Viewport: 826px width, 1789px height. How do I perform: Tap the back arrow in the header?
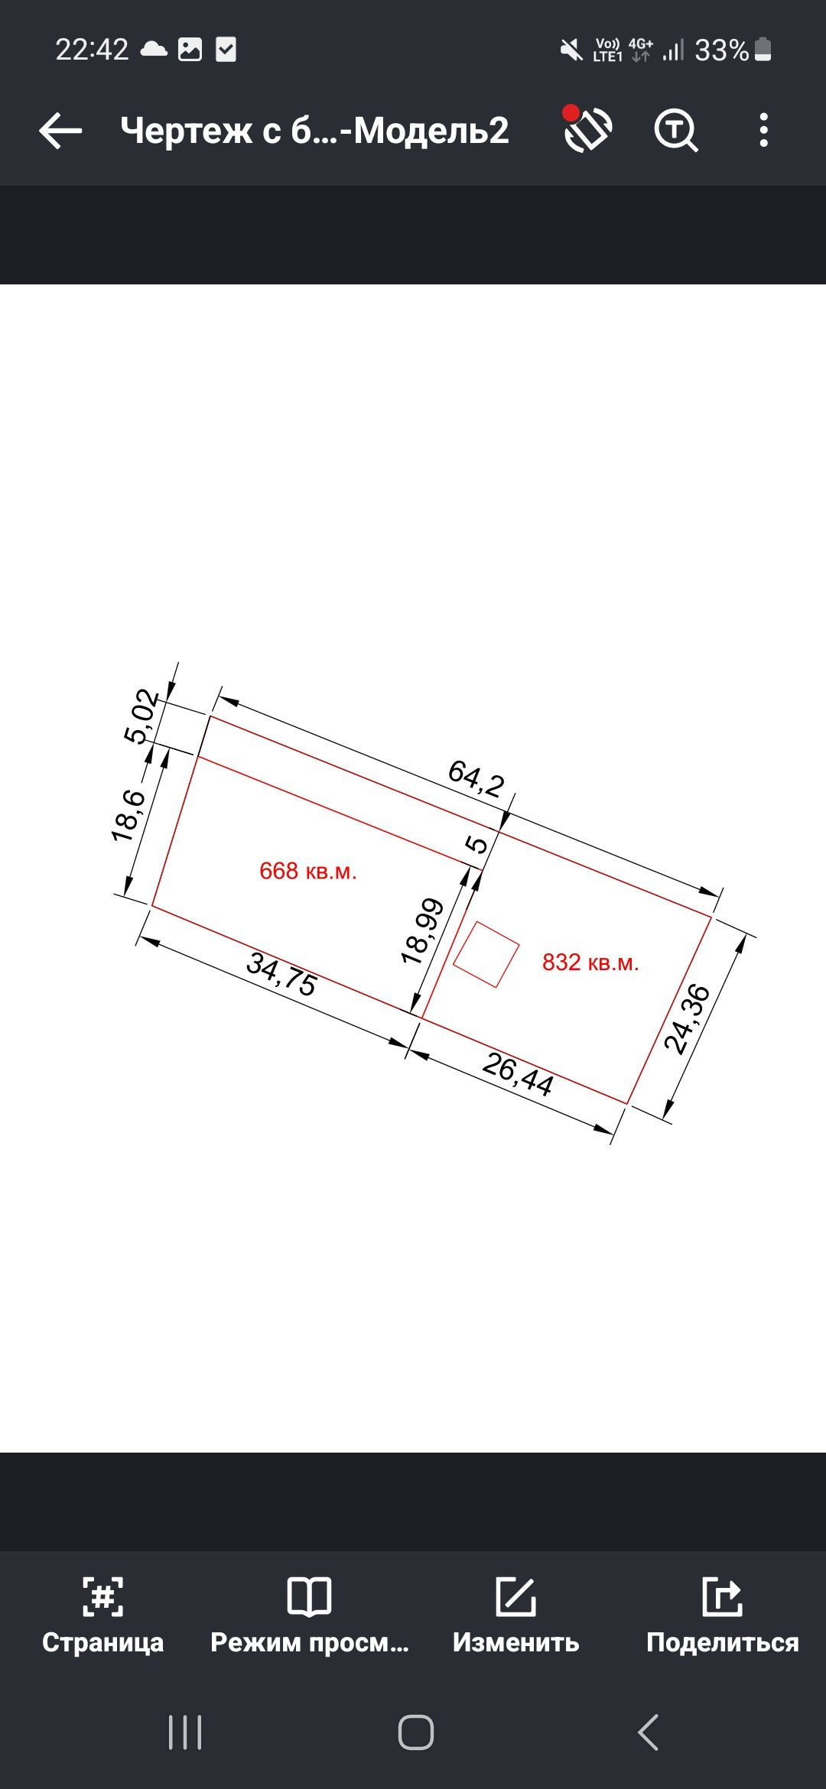(x=60, y=131)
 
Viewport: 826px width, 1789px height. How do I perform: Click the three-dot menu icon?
(x=763, y=130)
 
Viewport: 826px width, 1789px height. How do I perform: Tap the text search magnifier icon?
(x=676, y=131)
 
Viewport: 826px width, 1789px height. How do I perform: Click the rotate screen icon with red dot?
(x=587, y=128)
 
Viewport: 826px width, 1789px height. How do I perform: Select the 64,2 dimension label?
(x=476, y=778)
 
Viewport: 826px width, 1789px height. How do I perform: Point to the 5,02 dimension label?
(x=141, y=716)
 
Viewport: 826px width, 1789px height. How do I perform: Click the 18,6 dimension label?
(x=128, y=816)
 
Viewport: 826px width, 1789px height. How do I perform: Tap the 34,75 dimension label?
(x=281, y=974)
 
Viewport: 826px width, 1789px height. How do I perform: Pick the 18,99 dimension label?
(x=422, y=931)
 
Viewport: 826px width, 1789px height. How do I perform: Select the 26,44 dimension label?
(x=518, y=1074)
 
